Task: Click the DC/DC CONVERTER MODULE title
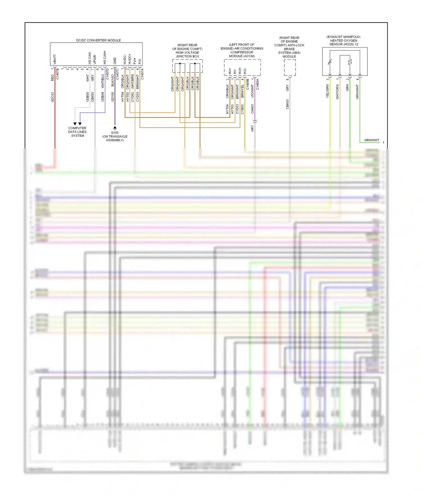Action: tap(99, 40)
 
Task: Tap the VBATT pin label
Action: tap(55, 59)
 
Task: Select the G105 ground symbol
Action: tap(115, 128)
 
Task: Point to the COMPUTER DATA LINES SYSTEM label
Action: tap(77, 132)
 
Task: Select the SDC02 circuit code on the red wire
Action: tap(52, 97)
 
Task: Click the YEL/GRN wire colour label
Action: tap(327, 91)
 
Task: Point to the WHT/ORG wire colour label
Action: tap(337, 92)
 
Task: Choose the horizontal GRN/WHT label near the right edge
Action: tap(371, 140)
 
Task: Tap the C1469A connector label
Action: tap(257, 84)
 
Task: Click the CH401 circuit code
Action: tap(252, 109)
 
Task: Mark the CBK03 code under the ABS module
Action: tap(287, 104)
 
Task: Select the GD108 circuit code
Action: tap(113, 97)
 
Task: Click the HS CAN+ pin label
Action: tap(105, 58)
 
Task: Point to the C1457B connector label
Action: tap(58, 74)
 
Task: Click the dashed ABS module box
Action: tap(290, 67)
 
